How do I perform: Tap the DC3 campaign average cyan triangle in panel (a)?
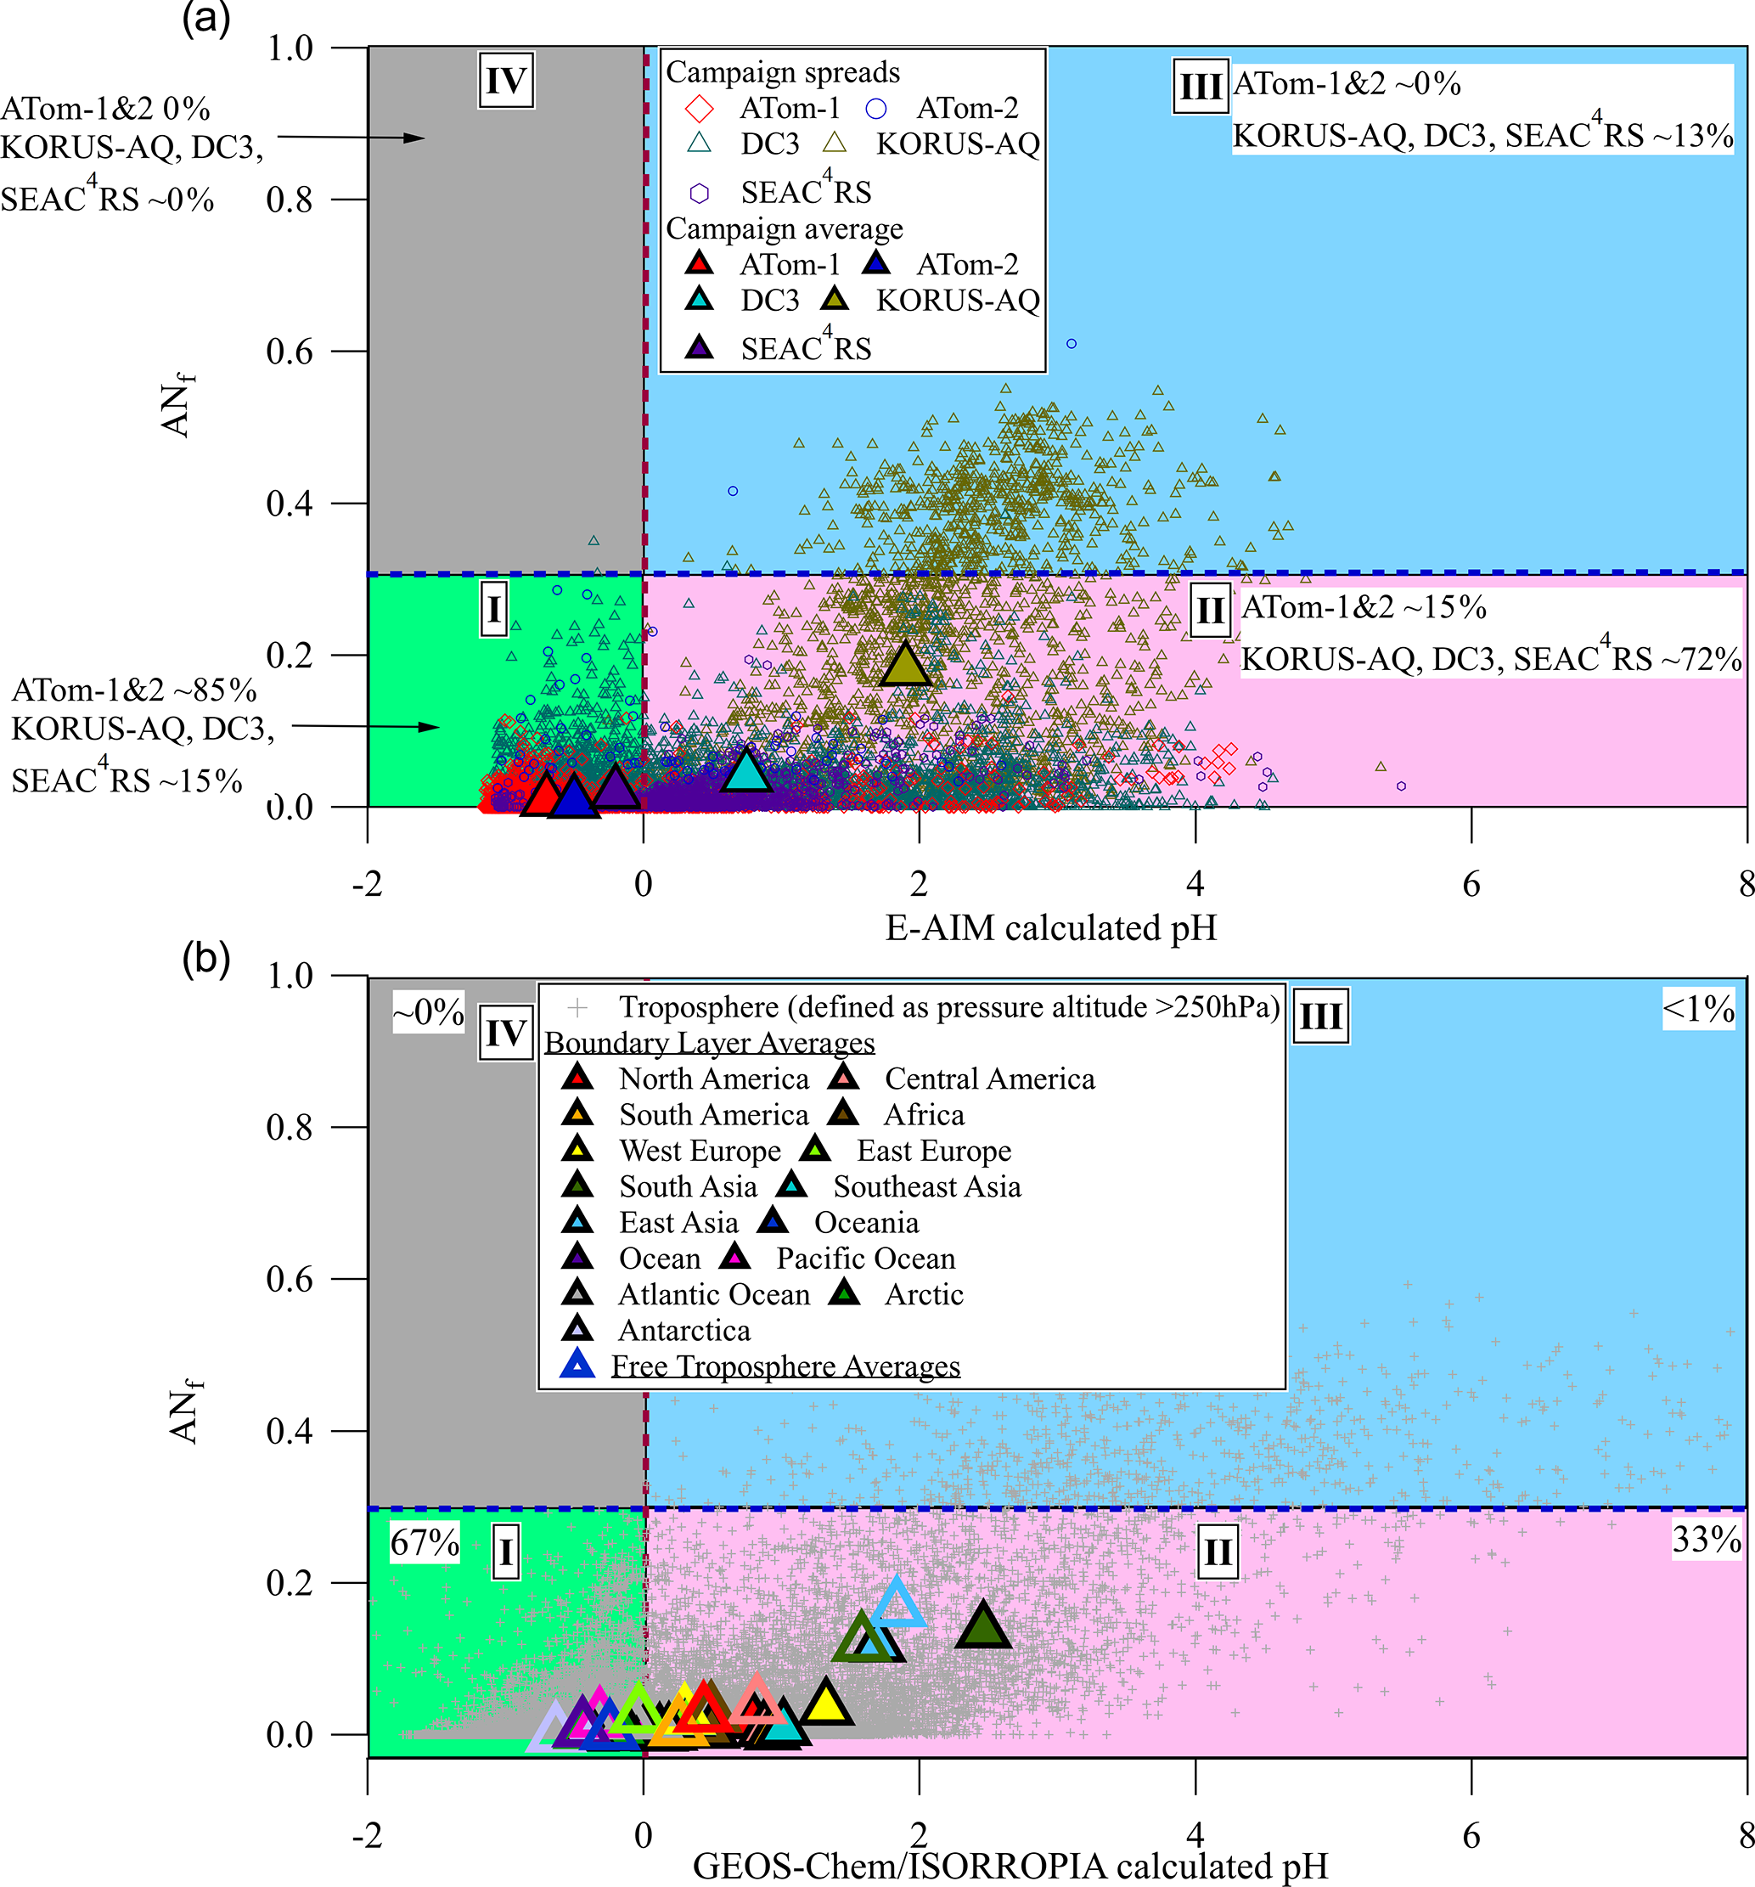747,771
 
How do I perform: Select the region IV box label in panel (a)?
505,81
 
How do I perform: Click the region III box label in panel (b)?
1320,1017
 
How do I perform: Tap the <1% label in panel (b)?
1698,1009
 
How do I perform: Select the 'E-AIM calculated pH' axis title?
1051,927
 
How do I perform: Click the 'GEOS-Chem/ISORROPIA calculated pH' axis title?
1010,1865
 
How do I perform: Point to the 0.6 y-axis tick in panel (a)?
290,352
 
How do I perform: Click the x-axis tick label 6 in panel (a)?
1471,884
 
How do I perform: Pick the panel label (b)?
206,959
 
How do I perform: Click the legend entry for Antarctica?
683,1331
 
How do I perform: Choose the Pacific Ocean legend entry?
864,1259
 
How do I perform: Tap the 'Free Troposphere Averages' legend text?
785,1366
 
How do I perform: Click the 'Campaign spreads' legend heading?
782,72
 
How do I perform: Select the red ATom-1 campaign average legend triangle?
700,263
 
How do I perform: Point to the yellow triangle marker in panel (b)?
826,1702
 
